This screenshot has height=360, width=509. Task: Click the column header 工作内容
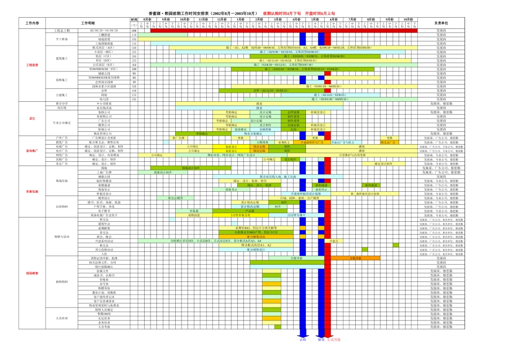[33, 24]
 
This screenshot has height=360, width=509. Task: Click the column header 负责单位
[441, 24]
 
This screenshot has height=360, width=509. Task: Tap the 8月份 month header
[147, 19]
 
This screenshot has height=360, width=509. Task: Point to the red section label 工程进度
[33, 65]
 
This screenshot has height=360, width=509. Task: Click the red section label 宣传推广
[33, 151]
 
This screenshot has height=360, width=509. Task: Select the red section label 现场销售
[33, 273]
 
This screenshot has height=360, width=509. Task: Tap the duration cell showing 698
[134, 31]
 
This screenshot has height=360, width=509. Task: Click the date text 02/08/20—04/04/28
[103, 31]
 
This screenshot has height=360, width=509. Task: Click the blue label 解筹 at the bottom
[321, 340]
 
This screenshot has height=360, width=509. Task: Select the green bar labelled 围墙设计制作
[191, 168]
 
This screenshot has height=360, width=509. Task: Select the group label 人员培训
[62, 318]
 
